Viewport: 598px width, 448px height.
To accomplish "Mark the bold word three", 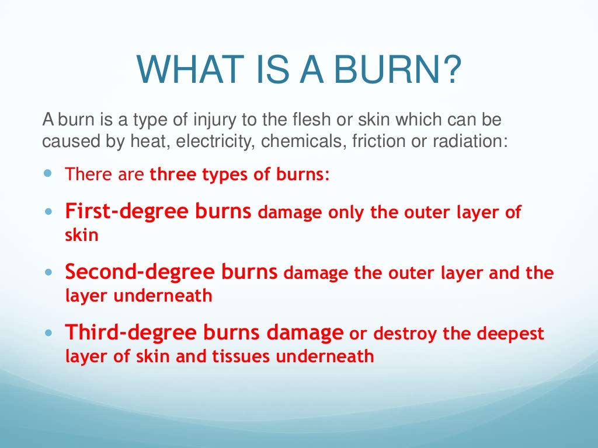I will click(x=173, y=175).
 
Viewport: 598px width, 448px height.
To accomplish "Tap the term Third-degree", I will click(x=119, y=332).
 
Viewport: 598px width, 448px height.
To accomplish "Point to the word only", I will click(x=345, y=212).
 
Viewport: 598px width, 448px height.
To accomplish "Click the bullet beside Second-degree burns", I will click(x=48, y=272).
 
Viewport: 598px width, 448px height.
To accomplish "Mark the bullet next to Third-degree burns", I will click(x=48, y=334).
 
